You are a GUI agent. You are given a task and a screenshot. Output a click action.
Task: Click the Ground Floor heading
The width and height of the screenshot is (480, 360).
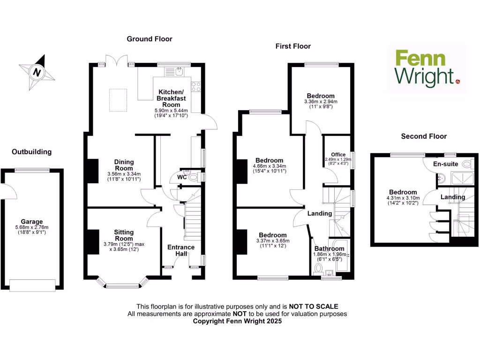(150, 39)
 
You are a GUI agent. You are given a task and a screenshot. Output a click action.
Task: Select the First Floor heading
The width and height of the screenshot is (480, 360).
(293, 46)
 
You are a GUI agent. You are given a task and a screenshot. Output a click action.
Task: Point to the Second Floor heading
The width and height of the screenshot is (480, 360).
(424, 136)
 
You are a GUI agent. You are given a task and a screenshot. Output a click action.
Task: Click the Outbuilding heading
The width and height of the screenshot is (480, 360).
(31, 152)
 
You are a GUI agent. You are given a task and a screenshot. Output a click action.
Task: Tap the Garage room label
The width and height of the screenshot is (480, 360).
(31, 222)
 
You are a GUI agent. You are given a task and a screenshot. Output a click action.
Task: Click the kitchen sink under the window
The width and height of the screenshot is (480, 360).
(179, 72)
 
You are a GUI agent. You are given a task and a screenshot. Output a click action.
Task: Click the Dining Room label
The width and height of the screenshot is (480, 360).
(124, 165)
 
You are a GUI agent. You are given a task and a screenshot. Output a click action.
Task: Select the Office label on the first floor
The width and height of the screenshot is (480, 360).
(338, 155)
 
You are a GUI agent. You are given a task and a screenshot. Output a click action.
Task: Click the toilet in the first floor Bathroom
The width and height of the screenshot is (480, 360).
(318, 269)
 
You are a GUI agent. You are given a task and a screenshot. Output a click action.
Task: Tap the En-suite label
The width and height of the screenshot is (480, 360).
(445, 164)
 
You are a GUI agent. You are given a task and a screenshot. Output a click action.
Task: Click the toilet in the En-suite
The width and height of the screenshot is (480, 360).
(467, 164)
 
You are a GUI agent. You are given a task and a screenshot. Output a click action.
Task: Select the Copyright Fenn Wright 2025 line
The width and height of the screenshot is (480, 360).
(237, 322)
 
